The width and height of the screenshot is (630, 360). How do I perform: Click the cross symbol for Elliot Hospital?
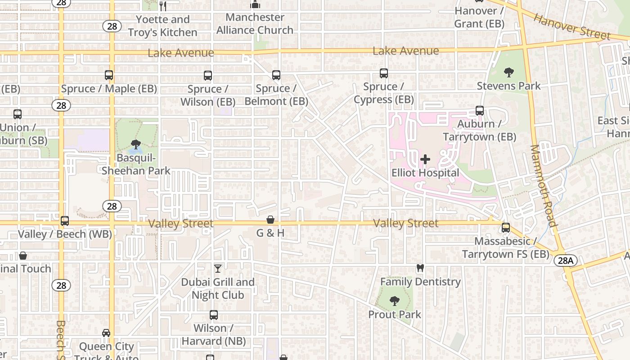pos(425,159)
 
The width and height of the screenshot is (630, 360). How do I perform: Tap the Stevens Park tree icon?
pos(509,72)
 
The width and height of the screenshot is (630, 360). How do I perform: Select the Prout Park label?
pos(395,314)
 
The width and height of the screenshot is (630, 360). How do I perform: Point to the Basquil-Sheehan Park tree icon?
pos(135,144)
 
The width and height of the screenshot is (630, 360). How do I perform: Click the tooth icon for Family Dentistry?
pos(420,268)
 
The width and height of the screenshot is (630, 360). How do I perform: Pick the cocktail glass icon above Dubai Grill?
pos(218,269)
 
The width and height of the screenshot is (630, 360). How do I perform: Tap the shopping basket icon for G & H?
pos(270,220)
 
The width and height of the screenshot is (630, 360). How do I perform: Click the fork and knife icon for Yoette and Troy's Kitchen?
pos(163,6)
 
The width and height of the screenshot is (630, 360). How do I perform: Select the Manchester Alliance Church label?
pos(255,24)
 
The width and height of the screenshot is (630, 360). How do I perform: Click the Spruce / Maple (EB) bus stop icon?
pos(109,75)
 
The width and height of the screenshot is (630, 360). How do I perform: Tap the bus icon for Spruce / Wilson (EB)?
pos(207,75)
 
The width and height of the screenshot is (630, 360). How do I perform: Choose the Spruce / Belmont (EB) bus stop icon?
pos(276,75)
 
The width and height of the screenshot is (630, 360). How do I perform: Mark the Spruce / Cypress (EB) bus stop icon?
pos(384,73)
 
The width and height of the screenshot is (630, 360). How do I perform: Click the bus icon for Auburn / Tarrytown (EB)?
pos(480,111)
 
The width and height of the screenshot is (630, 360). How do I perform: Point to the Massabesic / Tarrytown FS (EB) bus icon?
pos(506,228)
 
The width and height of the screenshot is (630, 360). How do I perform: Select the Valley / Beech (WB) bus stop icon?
pos(65,221)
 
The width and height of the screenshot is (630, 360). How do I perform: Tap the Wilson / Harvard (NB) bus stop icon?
pos(214,315)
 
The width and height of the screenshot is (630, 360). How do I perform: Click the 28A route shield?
pos(565,261)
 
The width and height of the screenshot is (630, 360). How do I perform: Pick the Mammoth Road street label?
pos(544,185)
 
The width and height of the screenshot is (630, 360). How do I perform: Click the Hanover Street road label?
pos(572,27)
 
